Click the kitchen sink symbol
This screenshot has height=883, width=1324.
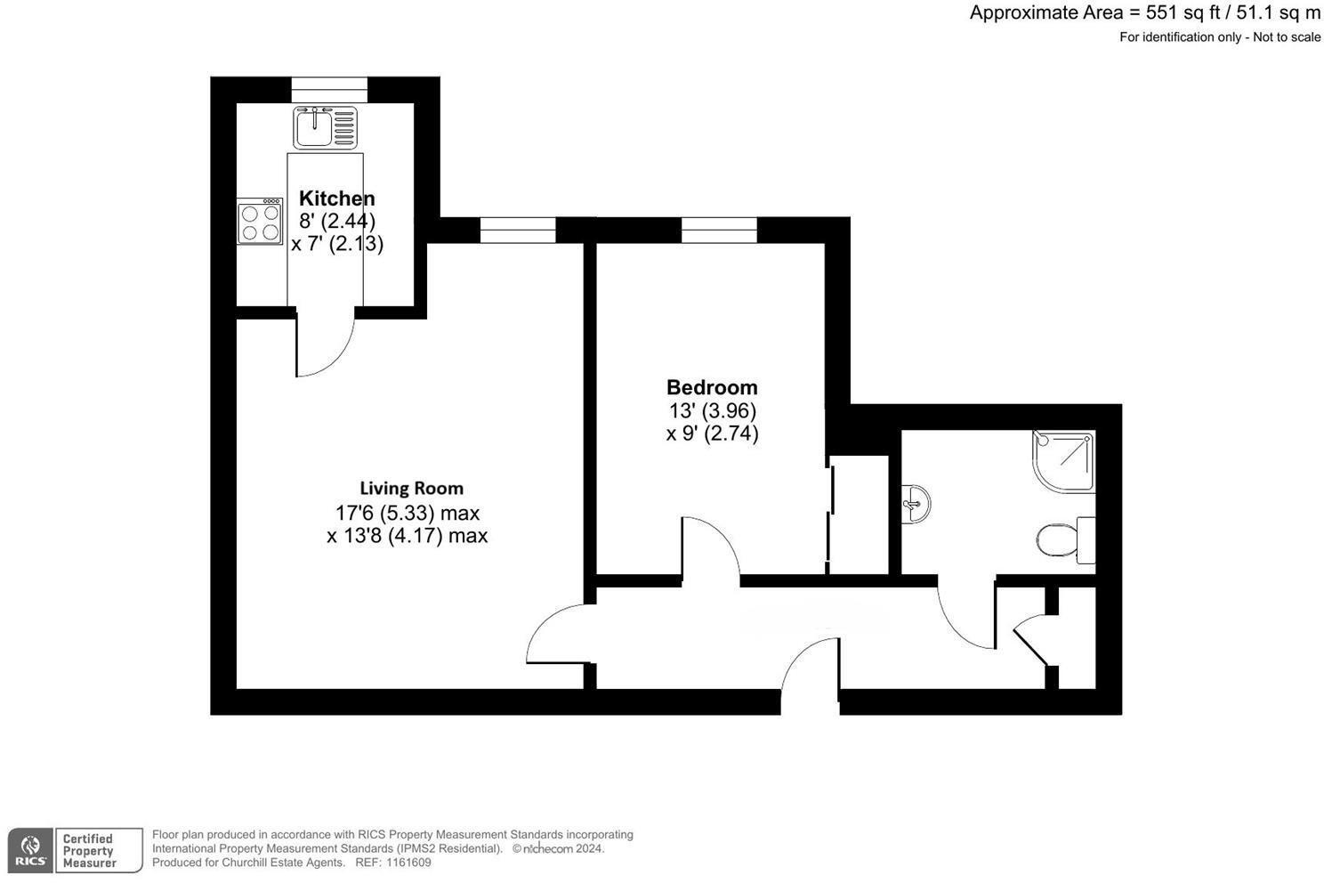(326, 127)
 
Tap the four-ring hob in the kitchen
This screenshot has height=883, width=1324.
(259, 222)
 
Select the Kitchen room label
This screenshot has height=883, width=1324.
(336, 198)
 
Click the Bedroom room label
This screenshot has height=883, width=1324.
(712, 387)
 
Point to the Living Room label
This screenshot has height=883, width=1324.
(411, 488)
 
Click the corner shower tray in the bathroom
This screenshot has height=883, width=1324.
(1064, 461)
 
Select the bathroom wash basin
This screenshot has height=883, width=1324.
(916, 505)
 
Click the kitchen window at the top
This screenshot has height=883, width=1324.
(329, 89)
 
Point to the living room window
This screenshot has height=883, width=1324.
(518, 230)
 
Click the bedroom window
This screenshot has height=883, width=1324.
(719, 230)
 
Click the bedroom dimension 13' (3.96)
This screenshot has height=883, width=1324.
(712, 411)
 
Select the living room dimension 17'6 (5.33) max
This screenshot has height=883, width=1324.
(407, 513)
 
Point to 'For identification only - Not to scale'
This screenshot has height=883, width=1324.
(1220, 37)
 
